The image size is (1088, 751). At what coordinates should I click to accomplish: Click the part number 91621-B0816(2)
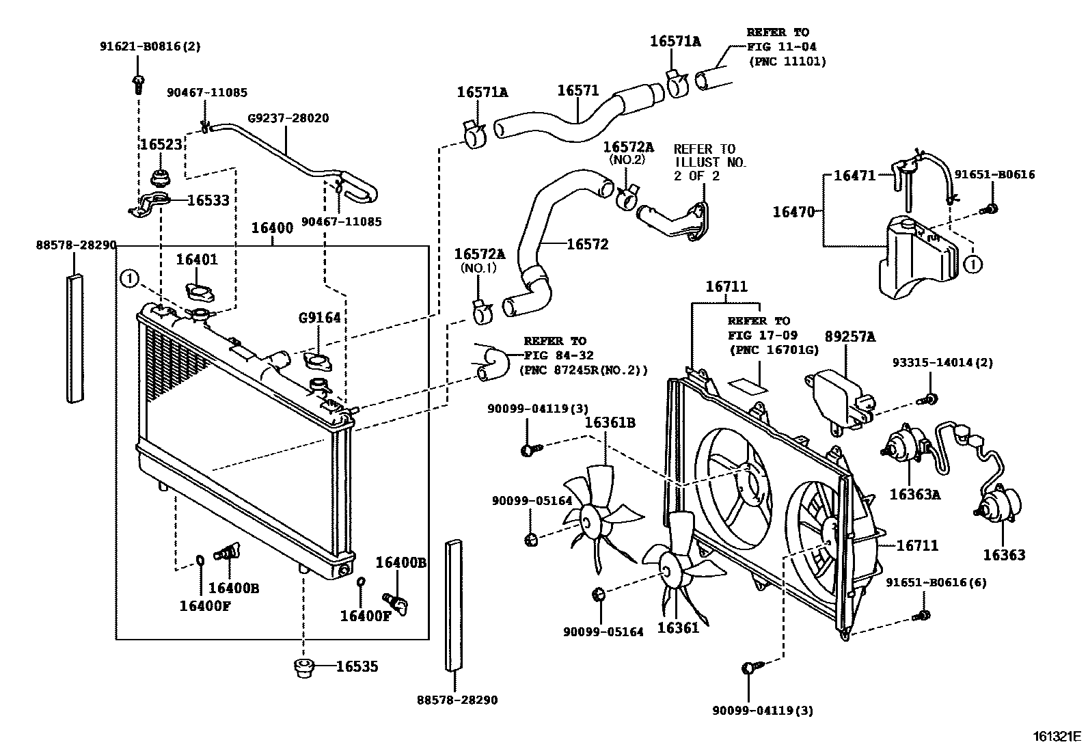pyautogui.click(x=150, y=46)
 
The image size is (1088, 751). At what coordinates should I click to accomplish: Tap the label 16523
pyautogui.click(x=161, y=145)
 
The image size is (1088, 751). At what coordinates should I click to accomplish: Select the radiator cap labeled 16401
pyautogui.click(x=199, y=292)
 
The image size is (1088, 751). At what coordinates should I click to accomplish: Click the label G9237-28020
pyautogui.click(x=288, y=118)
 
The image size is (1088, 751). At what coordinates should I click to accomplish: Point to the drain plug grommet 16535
pyautogui.click(x=303, y=668)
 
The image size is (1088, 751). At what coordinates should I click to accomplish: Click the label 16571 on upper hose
pyautogui.click(x=577, y=91)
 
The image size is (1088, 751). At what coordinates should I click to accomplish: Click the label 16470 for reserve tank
pyautogui.click(x=793, y=212)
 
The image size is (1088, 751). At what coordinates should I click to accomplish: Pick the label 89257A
pyautogui.click(x=850, y=337)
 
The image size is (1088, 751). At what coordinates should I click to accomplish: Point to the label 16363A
pyautogui.click(x=914, y=494)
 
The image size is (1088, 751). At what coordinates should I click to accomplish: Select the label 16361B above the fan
pyautogui.click(x=610, y=423)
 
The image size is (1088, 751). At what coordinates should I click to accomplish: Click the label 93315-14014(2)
pyautogui.click(x=942, y=363)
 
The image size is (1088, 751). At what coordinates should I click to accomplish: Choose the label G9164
pyautogui.click(x=319, y=318)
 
